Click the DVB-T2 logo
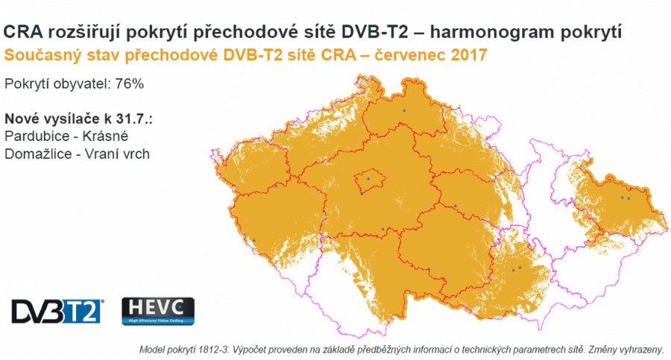[x=57, y=310]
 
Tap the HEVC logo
[x=157, y=311]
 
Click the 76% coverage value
[x=129, y=83]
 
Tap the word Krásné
[x=110, y=136]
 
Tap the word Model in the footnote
[x=153, y=350]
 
